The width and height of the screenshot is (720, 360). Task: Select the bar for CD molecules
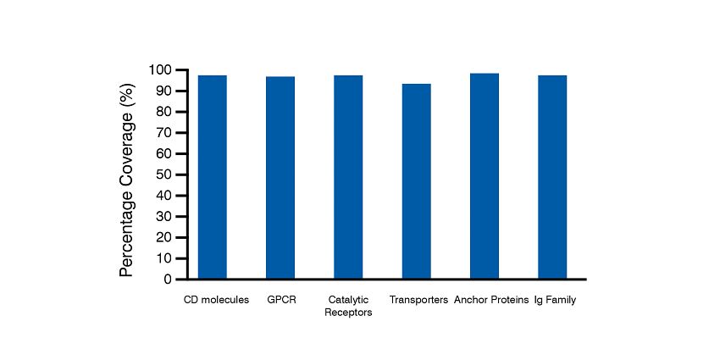coord(212,177)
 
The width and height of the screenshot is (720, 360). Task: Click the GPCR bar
coord(280,178)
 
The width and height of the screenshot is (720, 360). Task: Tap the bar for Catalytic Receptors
coord(348,177)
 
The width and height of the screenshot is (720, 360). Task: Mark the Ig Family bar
coord(552,177)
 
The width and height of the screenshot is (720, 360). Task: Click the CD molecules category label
coord(217,300)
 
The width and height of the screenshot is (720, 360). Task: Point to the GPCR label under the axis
coord(280,300)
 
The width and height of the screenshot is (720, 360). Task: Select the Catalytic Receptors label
coord(348,306)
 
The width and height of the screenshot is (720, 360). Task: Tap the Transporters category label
coord(418,300)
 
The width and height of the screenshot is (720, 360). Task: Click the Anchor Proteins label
coord(491,300)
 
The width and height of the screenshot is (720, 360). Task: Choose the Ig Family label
coord(556,300)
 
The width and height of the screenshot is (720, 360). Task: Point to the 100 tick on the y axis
coord(160,70)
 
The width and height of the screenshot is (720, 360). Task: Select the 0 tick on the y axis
coord(168,280)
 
